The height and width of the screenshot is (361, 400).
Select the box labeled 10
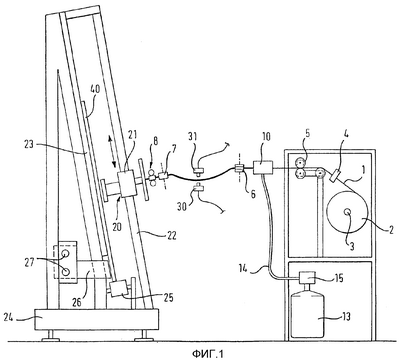click(x=263, y=167)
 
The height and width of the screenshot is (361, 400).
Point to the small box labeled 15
click(x=307, y=277)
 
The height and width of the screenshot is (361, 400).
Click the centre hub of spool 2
click(x=347, y=211)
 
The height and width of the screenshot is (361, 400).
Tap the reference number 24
click(x=8, y=318)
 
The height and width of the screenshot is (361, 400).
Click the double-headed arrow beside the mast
click(x=113, y=155)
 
